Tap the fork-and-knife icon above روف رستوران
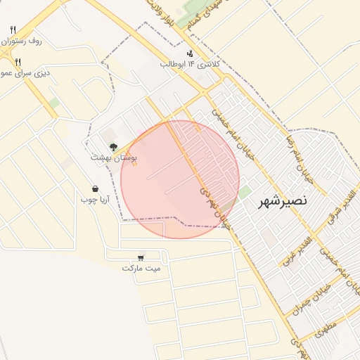coord(13,30)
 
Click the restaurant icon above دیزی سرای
coord(18,62)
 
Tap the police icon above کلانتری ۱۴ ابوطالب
coord(191,53)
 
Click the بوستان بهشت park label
coord(114,158)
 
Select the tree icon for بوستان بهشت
coord(113,147)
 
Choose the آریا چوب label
coord(95,200)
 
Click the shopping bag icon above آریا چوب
coord(95,189)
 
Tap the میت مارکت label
coord(141,268)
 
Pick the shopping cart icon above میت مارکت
coord(141,257)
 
